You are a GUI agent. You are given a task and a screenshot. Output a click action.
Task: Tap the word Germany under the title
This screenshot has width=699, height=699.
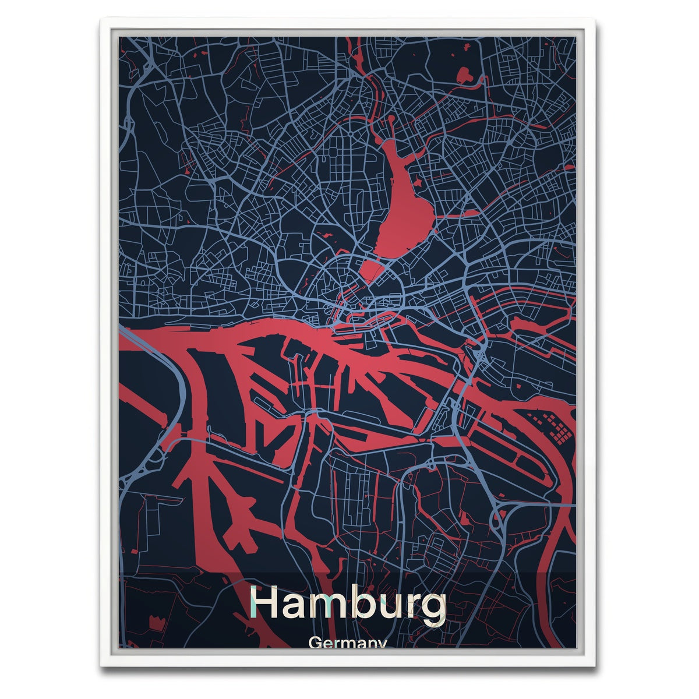click(x=348, y=644)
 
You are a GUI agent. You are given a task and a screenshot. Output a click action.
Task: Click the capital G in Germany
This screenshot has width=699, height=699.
click(x=315, y=644)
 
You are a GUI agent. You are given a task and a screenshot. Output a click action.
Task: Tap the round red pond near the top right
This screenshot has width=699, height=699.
click(x=465, y=74)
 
